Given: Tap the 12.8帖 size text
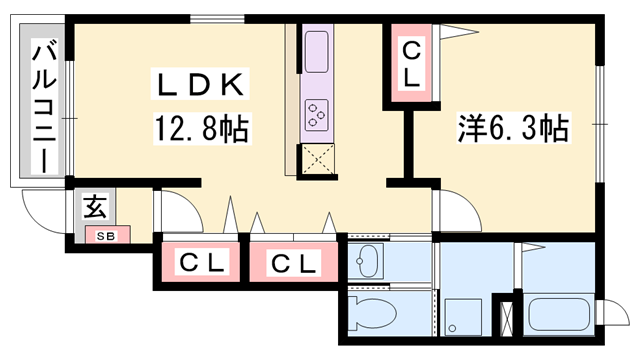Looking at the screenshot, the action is pos(200,128).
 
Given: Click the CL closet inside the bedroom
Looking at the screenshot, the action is pos(412,62).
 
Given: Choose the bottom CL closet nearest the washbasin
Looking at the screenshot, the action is pos(294,264).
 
